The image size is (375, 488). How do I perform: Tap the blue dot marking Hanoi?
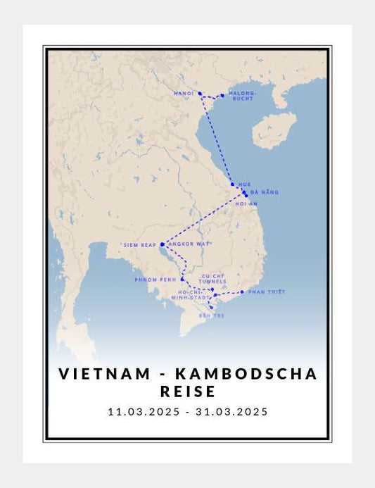click(x=200, y=93)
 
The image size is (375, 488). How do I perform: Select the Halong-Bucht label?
click(x=243, y=96)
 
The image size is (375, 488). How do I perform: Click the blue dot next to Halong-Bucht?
click(x=222, y=95)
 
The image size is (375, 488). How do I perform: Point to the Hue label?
click(x=245, y=184)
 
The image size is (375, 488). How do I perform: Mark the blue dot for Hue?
click(x=233, y=184)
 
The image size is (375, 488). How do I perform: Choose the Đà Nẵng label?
click(x=265, y=192)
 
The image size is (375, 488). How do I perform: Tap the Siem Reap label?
click(x=139, y=245)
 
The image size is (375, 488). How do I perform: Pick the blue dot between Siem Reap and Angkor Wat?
click(x=163, y=244)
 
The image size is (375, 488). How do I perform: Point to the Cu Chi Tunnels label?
click(x=213, y=278)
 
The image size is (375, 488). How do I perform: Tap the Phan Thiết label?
click(x=267, y=292)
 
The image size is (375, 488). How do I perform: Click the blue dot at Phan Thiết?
click(x=242, y=292)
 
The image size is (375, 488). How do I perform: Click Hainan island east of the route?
click(x=274, y=131)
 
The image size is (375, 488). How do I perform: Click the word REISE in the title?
click(x=187, y=391)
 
